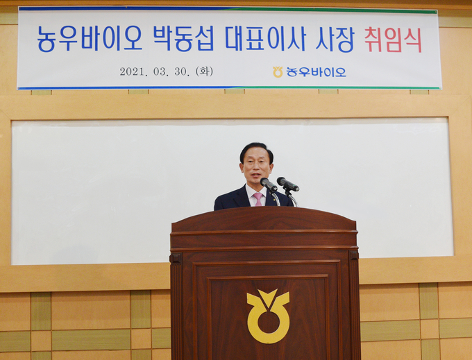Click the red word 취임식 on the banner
[393, 40]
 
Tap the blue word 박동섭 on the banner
[184, 39]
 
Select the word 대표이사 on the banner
[266, 39]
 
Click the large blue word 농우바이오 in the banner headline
[90, 39]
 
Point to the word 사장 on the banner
[335, 40]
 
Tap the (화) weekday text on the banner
[204, 71]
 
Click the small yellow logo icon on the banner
[278, 72]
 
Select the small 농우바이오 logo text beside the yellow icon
[316, 72]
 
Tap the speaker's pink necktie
[258, 199]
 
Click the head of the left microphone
[269, 184]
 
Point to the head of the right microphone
[288, 184]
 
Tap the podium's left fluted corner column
[176, 307]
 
